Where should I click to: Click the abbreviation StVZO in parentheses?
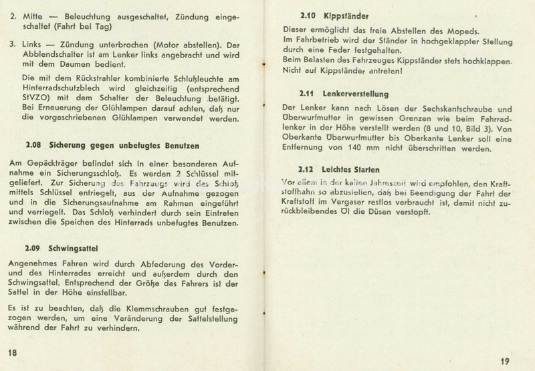pyautogui.click(x=33, y=100)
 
